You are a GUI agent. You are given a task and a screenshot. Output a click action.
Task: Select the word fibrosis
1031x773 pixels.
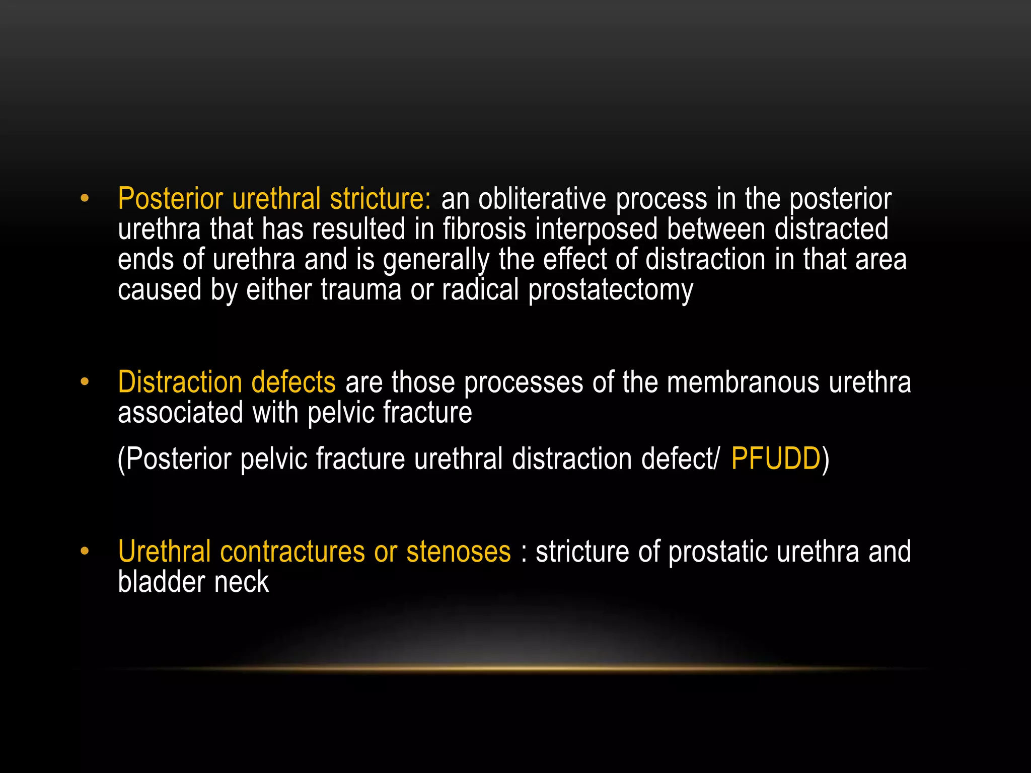tap(484, 229)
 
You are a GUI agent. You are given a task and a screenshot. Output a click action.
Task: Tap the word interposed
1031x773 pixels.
tap(597, 230)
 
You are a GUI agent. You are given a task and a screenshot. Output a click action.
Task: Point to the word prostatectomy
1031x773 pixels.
tap(610, 290)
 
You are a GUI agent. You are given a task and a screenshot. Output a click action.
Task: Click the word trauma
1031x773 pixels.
tap(360, 290)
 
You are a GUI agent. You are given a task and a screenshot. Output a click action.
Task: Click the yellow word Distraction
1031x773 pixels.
tap(180, 382)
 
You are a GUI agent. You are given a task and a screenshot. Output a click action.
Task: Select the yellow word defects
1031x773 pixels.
tap(293, 382)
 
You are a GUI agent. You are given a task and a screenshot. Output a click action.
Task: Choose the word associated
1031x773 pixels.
tap(180, 413)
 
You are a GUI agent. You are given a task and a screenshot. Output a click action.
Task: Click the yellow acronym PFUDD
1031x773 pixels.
tap(775, 458)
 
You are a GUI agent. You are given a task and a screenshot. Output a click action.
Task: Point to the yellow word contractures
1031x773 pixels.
tap(292, 552)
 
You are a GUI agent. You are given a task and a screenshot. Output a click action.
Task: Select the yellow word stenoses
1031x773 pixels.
tap(458, 552)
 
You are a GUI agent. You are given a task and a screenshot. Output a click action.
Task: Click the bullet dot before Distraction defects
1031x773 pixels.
tap(85, 382)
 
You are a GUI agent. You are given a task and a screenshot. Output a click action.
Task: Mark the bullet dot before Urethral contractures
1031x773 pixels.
tap(85, 552)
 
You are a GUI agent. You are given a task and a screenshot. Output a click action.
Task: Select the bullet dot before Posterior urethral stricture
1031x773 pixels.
tap(85, 199)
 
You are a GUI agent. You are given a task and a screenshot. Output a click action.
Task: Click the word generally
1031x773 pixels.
tap(436, 260)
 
